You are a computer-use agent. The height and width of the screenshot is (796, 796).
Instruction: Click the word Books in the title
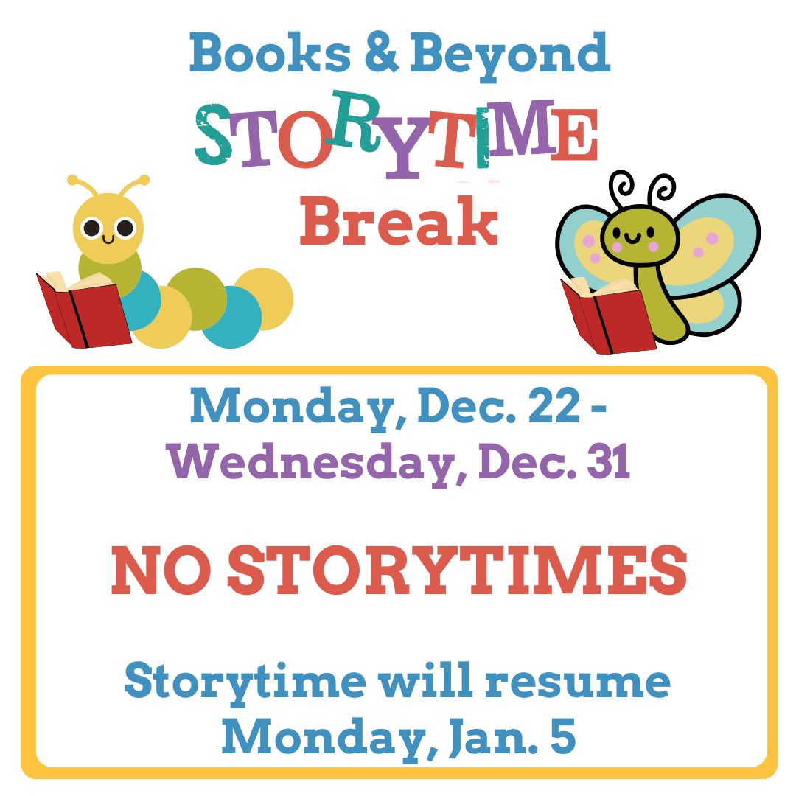point(269,53)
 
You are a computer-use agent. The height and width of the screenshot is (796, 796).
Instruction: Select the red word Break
point(399,220)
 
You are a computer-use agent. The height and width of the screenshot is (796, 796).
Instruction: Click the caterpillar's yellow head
point(108,225)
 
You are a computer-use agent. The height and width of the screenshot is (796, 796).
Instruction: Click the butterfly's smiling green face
point(638,235)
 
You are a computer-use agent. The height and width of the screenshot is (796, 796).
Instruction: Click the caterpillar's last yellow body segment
point(263,298)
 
